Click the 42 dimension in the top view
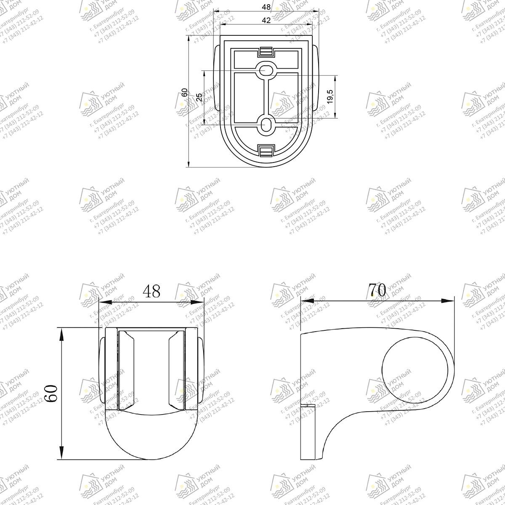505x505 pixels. pyautogui.click(x=266, y=20)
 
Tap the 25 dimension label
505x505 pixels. pyautogui.click(x=199, y=98)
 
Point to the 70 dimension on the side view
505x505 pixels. pyautogui.click(x=377, y=290)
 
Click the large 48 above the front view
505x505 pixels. pyautogui.click(x=151, y=291)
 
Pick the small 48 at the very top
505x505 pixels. pyautogui.click(x=266, y=7)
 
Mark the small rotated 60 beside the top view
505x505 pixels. pyautogui.click(x=184, y=93)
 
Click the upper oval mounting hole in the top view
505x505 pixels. pyautogui.click(x=266, y=70)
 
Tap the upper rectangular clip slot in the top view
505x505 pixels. pyautogui.click(x=266, y=52)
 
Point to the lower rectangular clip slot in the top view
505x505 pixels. pyautogui.click(x=266, y=150)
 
